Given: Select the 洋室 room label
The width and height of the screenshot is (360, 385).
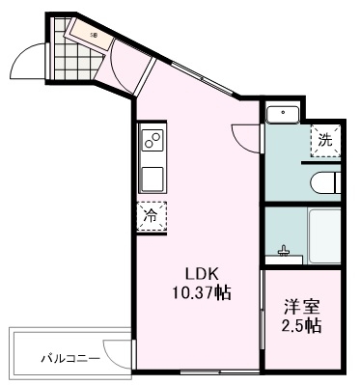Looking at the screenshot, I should pos(302,308).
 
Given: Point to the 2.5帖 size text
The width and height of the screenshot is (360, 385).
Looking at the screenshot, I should pos(302,326).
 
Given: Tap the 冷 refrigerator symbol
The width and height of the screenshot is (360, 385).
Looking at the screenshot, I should pos(150,216).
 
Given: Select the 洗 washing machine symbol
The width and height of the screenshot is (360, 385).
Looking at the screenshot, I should pos(325,141).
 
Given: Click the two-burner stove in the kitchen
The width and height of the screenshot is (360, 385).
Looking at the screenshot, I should pos(152,143).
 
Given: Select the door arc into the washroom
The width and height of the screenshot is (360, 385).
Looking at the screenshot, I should pos(249,137).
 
